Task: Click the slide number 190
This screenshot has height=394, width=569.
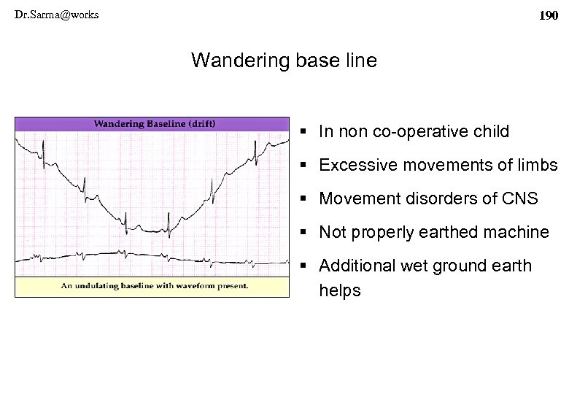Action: tap(548, 15)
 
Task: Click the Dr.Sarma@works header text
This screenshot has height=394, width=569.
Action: tap(56, 15)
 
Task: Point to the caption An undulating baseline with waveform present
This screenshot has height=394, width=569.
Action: tap(154, 286)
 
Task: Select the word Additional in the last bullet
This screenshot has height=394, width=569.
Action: tap(353, 266)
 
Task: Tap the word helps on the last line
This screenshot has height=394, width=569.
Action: tap(340, 291)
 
